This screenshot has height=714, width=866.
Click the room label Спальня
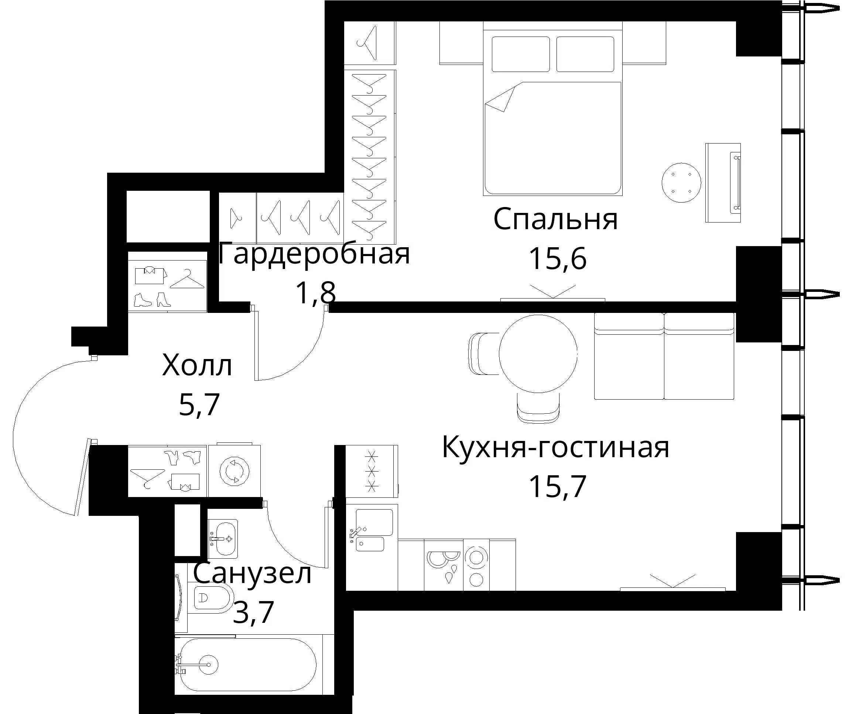coord(555,219)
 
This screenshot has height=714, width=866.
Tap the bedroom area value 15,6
coord(557,259)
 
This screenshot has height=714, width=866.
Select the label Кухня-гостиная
coord(556,448)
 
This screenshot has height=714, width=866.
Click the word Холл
coord(197,365)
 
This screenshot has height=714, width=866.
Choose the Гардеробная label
coord(314,254)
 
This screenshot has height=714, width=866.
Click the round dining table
coord(538,353)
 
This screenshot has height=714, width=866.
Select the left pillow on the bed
coord(521,54)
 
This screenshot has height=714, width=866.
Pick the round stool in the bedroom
coord(681,183)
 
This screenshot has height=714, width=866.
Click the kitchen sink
coord(372,531)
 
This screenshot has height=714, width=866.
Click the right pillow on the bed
coord(585,54)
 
